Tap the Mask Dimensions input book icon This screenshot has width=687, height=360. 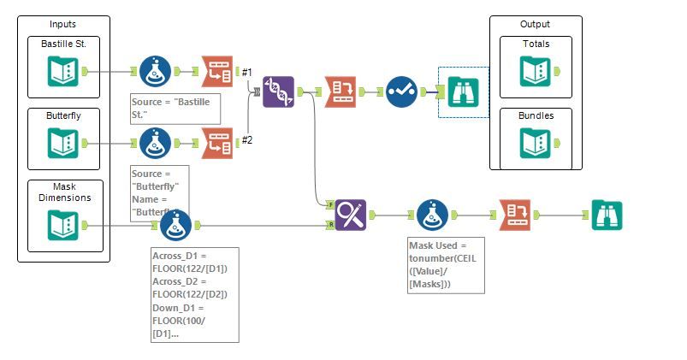coord(64,225)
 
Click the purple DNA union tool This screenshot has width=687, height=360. coord(278,91)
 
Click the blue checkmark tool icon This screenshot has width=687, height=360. coord(400,91)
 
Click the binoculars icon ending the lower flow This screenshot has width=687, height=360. coord(607,215)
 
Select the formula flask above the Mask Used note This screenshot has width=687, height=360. coord(432,215)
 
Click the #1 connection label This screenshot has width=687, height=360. coord(246,72)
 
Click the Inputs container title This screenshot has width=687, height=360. coord(62,24)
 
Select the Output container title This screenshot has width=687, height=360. coord(535,24)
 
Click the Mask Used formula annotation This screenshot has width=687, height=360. coord(446,265)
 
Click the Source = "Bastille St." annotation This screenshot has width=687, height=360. coord(170,108)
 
